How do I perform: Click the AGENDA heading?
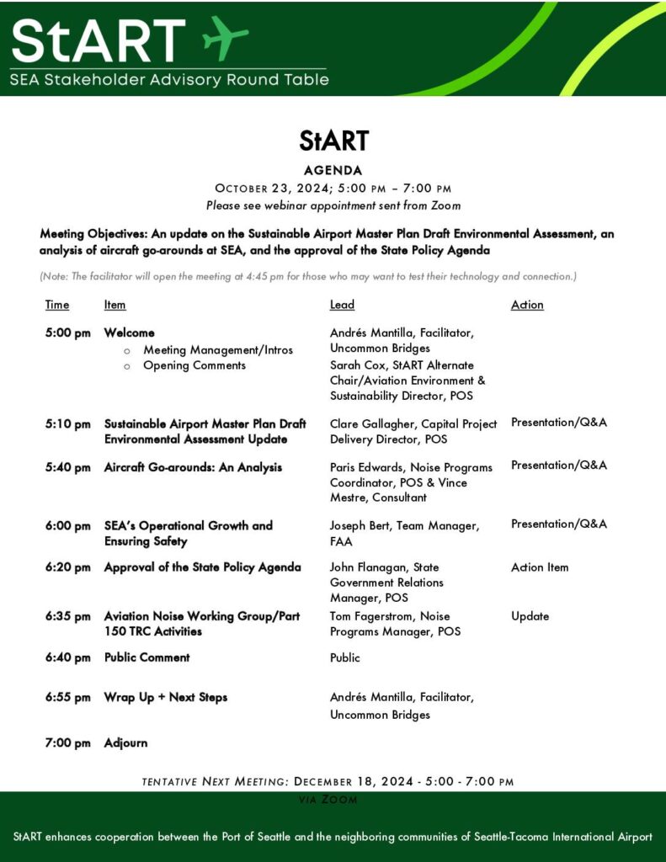coord(333,169)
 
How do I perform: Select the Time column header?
coord(57,305)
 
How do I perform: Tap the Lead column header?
coord(342,305)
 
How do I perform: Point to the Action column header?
coord(527,305)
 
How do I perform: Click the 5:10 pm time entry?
coord(68,424)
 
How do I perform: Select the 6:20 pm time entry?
coord(68,567)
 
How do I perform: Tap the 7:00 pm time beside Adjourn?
coord(68,743)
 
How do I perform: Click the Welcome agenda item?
coord(129,333)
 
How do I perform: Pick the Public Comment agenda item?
coord(147,657)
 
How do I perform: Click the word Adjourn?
coord(125,743)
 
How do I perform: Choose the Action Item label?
coord(540,567)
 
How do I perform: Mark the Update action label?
coord(530,616)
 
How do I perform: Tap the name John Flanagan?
coord(366,567)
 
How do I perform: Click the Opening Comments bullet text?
coord(194,365)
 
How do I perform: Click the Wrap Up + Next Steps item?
coord(165,698)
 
